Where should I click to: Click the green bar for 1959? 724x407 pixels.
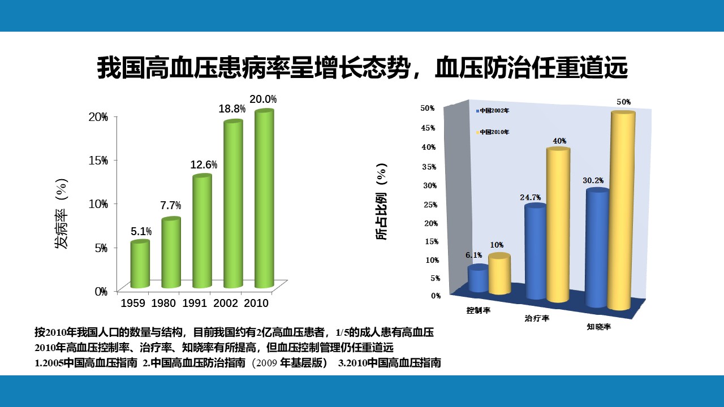click(x=140, y=265)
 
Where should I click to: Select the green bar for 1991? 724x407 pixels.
click(x=202, y=232)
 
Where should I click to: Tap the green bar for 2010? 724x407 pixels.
click(x=264, y=199)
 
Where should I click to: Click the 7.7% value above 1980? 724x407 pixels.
click(x=170, y=205)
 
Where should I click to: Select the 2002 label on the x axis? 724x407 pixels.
click(x=225, y=303)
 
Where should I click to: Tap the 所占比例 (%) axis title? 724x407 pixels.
click(x=382, y=202)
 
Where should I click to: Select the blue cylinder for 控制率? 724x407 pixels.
click(x=478, y=279)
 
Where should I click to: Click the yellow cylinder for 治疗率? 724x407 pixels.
click(x=557, y=225)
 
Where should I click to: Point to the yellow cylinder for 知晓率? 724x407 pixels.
click(x=621, y=210)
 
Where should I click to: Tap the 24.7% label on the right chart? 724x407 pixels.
click(x=531, y=198)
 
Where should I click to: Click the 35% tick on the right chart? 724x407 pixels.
click(x=428, y=167)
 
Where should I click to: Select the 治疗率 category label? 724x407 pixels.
click(x=537, y=318)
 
